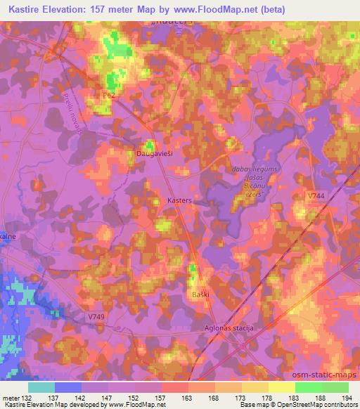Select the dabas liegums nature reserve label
[x=250, y=168]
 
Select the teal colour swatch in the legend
[x=41, y=387]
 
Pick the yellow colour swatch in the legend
[x=281, y=387]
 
